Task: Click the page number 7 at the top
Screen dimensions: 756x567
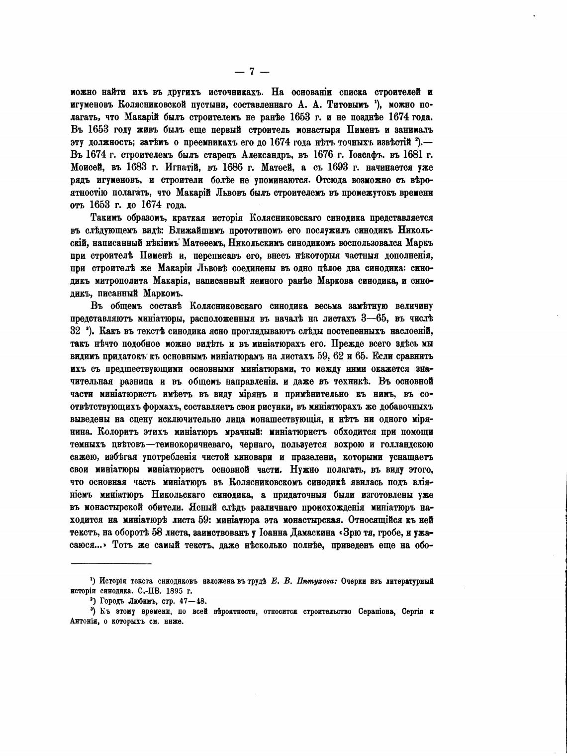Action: [252, 72]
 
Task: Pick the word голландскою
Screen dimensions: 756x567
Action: [402, 445]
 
